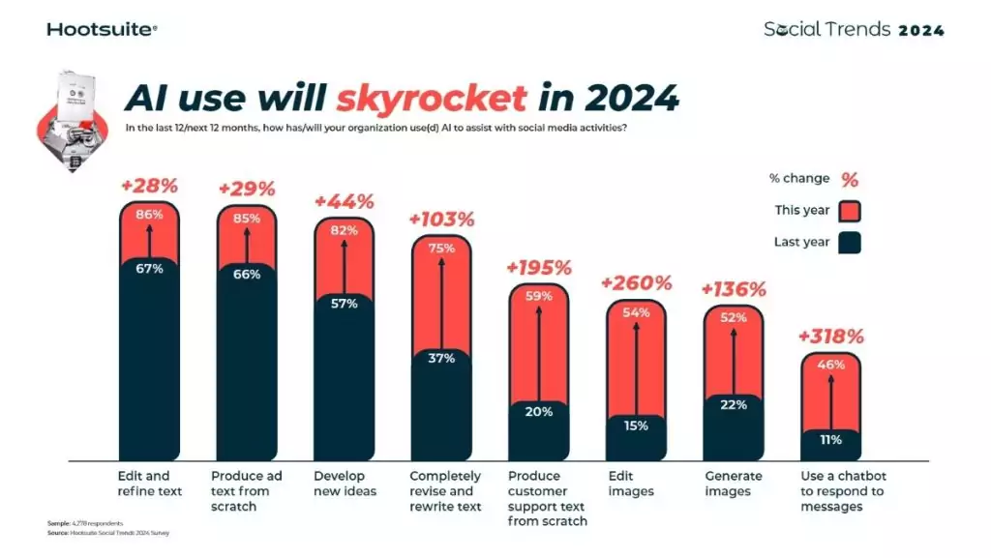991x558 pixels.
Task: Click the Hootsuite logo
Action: (102, 29)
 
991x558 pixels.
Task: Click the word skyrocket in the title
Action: (432, 99)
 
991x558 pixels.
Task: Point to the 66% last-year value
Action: (247, 274)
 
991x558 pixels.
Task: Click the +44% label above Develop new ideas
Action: (345, 201)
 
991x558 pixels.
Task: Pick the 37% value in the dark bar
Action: (441, 358)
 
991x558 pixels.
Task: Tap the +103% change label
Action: (442, 220)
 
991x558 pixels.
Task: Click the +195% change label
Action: (539, 268)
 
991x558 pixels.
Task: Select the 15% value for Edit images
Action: (636, 426)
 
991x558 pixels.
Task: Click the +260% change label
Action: (636, 283)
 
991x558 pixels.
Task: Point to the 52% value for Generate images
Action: (733, 317)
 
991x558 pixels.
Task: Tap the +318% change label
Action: (830, 337)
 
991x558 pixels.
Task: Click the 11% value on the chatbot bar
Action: (830, 439)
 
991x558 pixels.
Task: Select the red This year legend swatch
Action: (850, 211)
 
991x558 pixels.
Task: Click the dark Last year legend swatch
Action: (850, 242)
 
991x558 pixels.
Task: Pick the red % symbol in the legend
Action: (850, 179)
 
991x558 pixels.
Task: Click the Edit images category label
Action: (631, 484)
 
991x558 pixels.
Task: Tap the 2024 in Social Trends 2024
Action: (921, 30)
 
